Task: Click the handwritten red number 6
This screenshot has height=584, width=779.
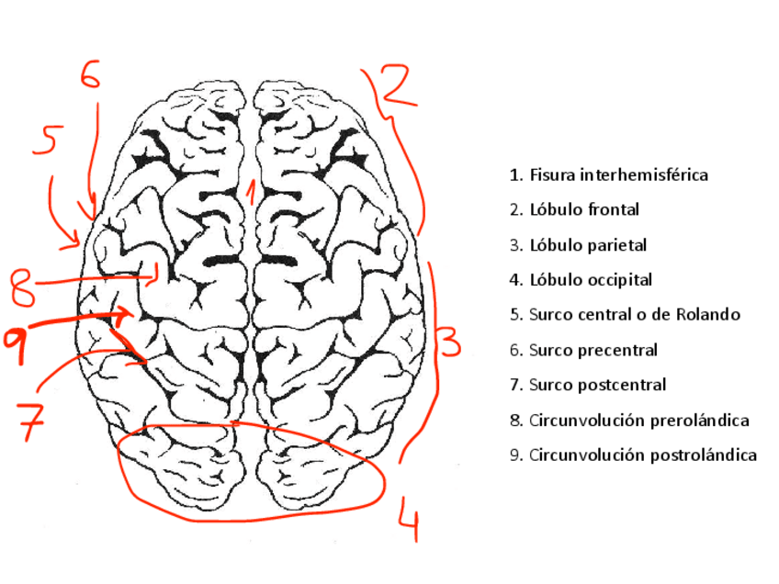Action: point(89,74)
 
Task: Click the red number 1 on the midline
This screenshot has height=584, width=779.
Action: point(250,193)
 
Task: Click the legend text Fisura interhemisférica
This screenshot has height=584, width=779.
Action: point(618,174)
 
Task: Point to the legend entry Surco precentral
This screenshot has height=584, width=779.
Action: point(593,350)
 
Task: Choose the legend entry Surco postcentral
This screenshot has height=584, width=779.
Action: point(597,385)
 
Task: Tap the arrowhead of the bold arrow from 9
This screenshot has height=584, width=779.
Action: point(127,315)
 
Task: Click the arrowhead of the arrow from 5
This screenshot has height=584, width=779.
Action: point(79,246)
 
